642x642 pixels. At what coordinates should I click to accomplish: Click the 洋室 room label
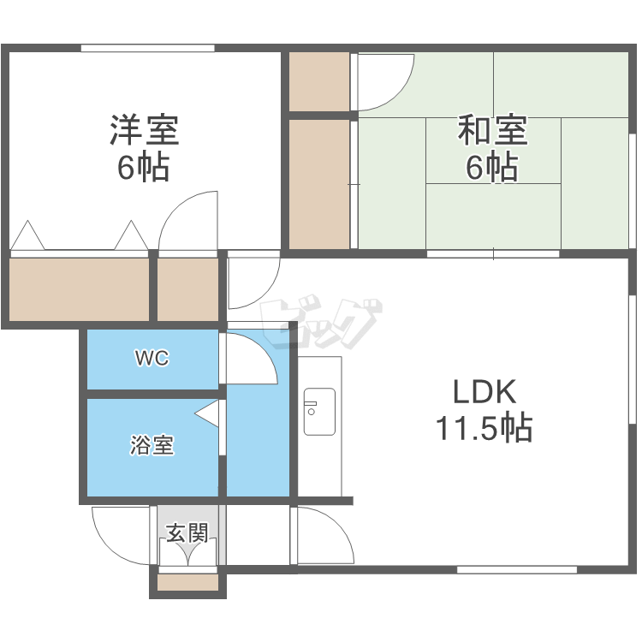pos(144,130)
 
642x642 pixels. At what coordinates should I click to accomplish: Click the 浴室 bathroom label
pos(152,445)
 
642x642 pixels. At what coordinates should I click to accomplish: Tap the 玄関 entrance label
pos(187,534)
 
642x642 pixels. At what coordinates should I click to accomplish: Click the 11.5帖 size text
pos(484,426)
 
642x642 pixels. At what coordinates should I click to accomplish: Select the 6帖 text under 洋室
pos(144,167)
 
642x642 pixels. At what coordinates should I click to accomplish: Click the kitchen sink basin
pos(319,411)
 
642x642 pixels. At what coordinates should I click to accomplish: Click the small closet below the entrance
pos(187,583)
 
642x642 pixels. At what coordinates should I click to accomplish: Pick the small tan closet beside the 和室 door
pos(319,81)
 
